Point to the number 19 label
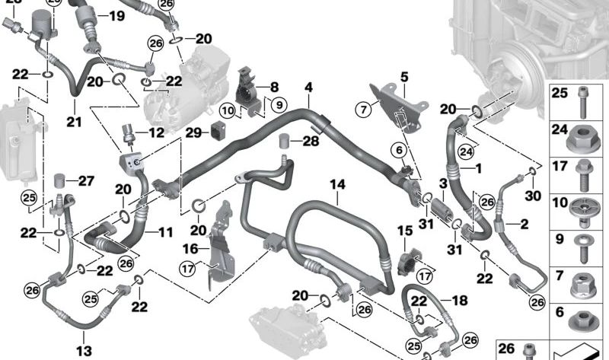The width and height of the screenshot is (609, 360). [116, 16]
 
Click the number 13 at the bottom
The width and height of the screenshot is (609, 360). [84, 350]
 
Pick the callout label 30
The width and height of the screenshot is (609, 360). [532, 194]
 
